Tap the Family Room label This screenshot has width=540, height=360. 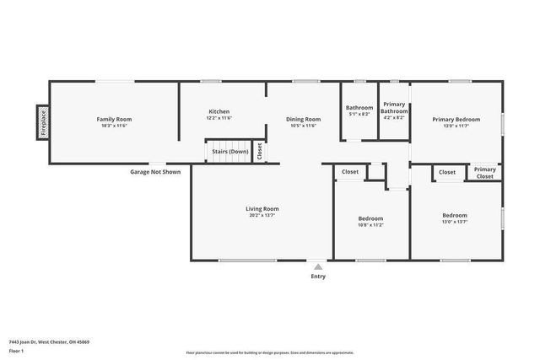(114, 119)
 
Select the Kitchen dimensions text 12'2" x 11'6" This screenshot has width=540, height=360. (219, 118)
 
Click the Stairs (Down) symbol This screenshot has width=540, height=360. (229, 151)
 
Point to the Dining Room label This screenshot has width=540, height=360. (302, 119)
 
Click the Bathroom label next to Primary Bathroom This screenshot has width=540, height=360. (359, 107)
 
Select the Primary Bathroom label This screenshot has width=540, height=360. (394, 108)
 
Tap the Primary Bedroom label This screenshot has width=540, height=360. (456, 119)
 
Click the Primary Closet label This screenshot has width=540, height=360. (484, 173)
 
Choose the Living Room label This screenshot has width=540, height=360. (263, 208)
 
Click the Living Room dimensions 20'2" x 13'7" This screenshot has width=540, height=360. (263, 215)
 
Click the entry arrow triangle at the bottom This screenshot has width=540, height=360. (317, 266)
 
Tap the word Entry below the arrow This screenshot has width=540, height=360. (317, 276)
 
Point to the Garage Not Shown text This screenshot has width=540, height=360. (154, 172)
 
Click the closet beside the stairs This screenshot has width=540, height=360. (260, 151)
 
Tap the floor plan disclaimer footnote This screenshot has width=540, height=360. (270, 352)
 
